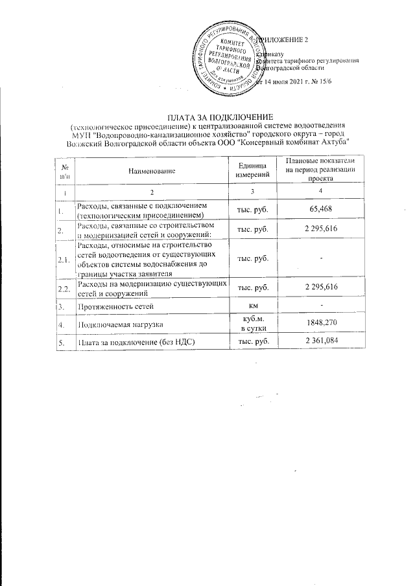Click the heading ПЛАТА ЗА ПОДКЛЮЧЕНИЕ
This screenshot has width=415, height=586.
click(x=209, y=115)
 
